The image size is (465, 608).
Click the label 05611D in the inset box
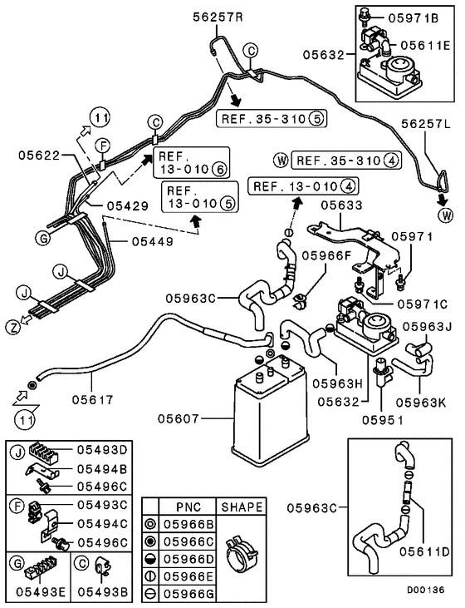coord(423,549)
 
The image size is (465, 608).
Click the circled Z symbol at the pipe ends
coord(13,327)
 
